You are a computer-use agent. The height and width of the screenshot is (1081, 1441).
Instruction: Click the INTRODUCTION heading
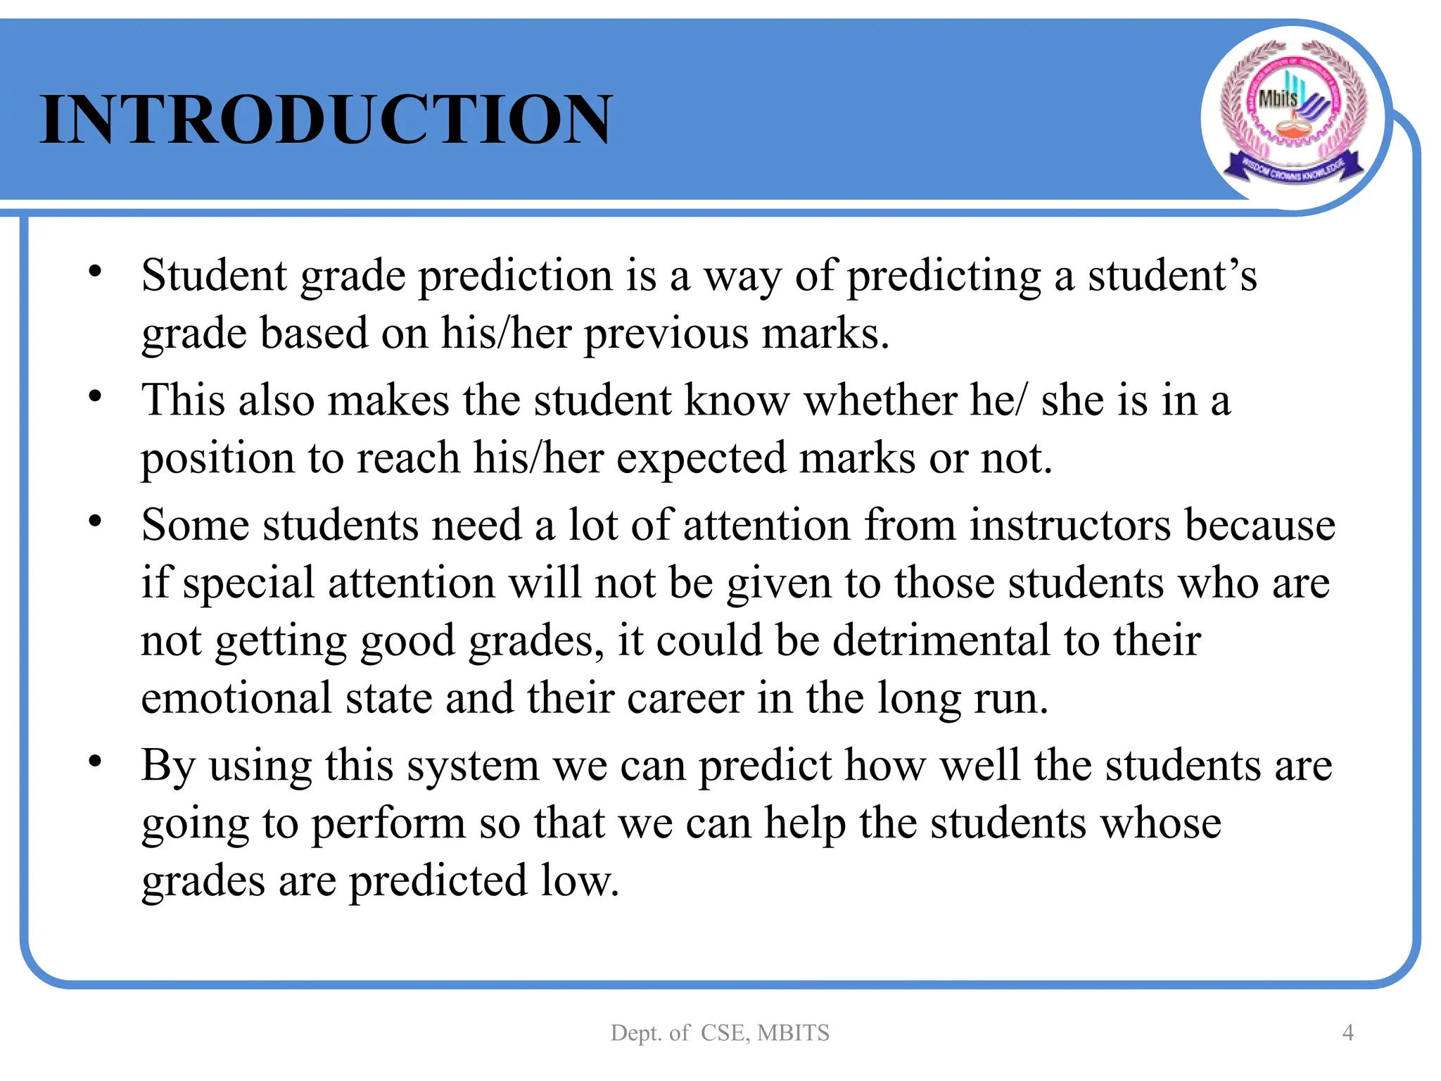[326, 120]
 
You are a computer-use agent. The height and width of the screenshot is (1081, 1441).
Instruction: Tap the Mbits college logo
[1293, 116]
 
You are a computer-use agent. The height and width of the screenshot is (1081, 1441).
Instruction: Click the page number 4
[1347, 1032]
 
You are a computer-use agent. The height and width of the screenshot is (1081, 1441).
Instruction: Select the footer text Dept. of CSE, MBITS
[720, 1032]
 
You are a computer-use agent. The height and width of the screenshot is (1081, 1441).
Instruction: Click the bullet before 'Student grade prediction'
[95, 271]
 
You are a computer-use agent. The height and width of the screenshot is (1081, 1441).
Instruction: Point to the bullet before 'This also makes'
[95, 396]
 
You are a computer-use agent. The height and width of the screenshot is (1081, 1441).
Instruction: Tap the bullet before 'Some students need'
[95, 521]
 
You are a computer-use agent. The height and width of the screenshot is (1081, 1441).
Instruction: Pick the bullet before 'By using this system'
[95, 761]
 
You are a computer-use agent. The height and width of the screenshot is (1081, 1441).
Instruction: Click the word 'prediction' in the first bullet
[516, 276]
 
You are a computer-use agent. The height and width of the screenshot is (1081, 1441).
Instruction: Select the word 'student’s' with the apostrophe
[1172, 276]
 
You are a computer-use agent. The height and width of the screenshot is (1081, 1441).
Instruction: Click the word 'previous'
[666, 334]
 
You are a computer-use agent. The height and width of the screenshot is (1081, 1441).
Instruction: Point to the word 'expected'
[702, 459]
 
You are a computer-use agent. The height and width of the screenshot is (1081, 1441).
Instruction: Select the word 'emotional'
[236, 699]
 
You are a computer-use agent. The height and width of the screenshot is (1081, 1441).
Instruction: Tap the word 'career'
[685, 699]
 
